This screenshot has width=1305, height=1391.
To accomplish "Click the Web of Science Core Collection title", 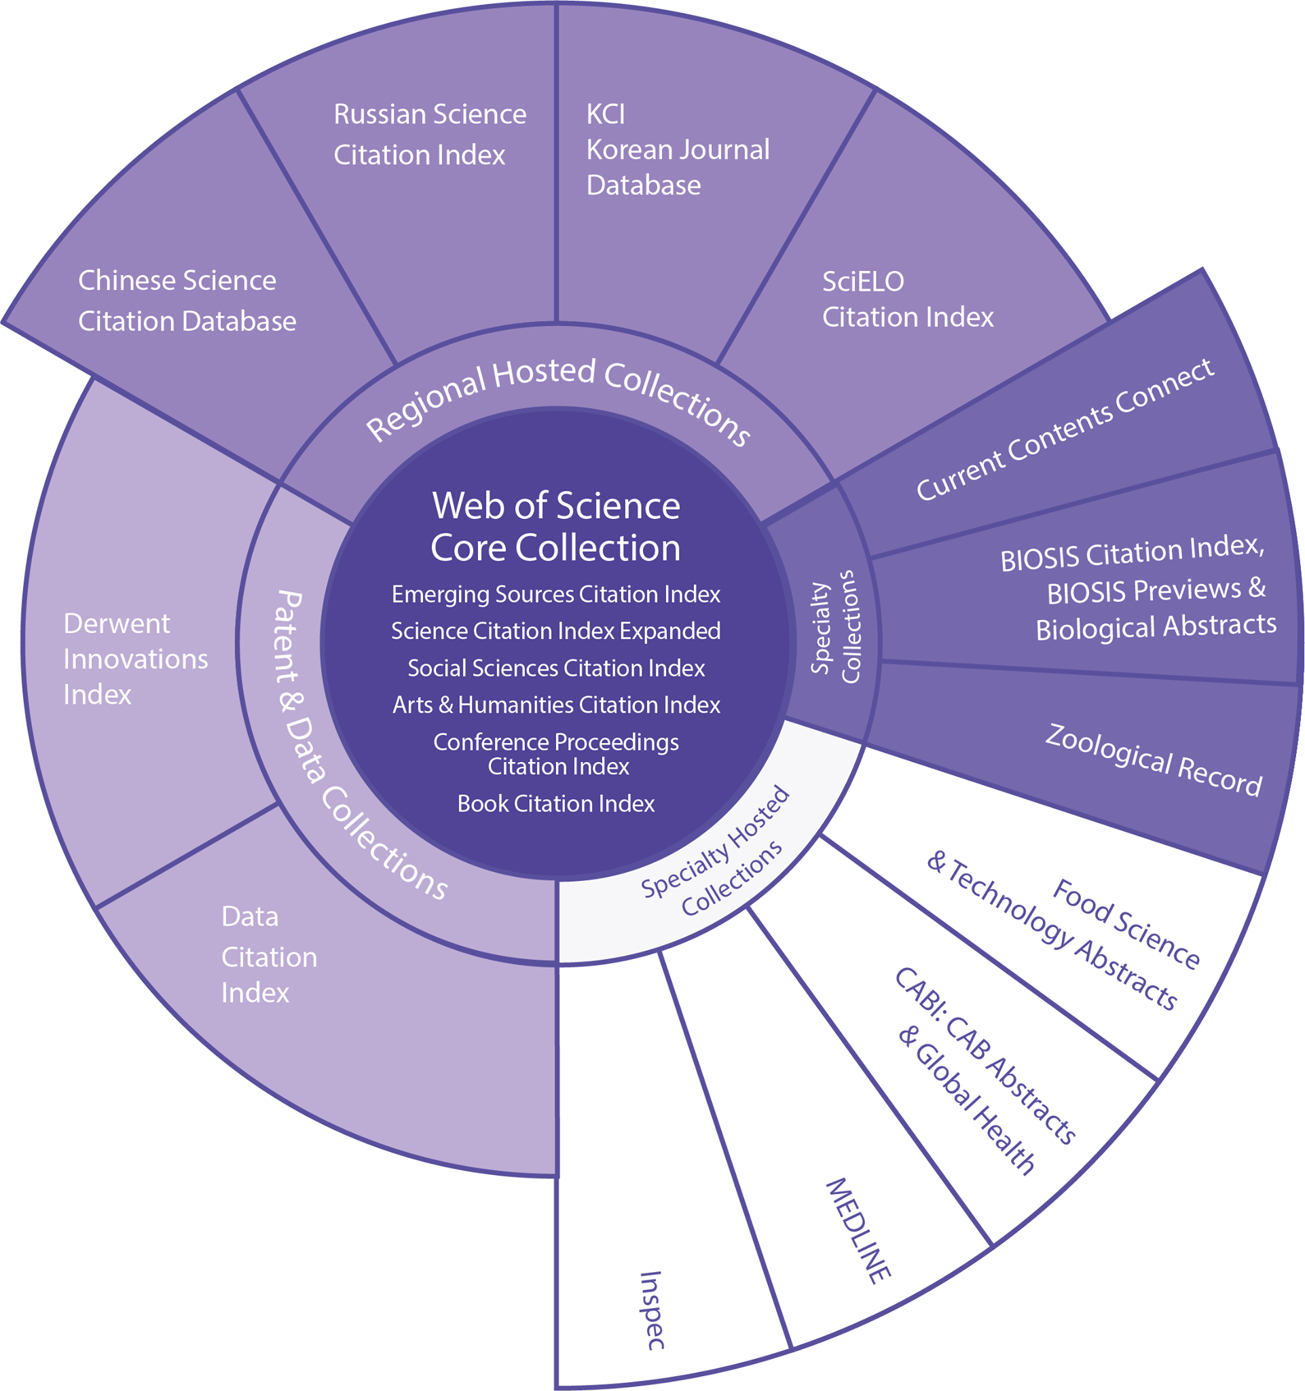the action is [x=556, y=527].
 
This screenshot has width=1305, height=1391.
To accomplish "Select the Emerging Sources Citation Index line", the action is [x=556, y=595].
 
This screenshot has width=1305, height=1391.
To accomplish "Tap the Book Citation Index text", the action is [x=556, y=803].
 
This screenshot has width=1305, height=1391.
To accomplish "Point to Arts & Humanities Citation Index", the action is [x=556, y=704].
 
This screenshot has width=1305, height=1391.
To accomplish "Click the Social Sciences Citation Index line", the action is [x=556, y=668].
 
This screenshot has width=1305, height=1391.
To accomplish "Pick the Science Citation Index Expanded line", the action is [x=556, y=631].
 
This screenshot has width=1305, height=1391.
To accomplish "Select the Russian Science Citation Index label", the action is [x=429, y=134].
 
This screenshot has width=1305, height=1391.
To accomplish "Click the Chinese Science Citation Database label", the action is [x=187, y=301].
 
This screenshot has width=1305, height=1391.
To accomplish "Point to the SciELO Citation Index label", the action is [x=908, y=300].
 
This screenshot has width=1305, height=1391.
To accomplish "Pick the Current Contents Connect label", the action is [x=1065, y=429].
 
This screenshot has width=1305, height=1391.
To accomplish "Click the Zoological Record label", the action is [x=1154, y=761].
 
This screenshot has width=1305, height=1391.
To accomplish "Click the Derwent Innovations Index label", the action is [x=136, y=659].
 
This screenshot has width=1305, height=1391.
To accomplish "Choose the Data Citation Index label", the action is [x=270, y=954].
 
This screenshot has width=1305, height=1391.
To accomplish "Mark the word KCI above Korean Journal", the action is [x=606, y=114].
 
